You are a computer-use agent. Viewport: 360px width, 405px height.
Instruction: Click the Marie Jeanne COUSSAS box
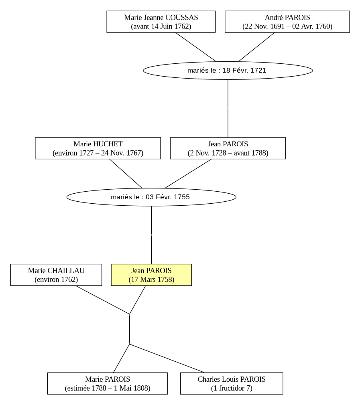pos(161,22)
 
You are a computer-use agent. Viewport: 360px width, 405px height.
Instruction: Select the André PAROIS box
pos(287,22)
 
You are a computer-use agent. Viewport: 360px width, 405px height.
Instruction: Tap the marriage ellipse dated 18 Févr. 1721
pos(228,71)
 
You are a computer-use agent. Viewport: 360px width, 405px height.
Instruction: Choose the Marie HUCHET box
pos(98,148)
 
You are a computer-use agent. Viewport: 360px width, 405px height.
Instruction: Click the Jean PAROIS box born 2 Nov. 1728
pos(228,148)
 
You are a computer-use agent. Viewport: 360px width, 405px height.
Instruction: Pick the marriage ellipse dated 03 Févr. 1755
pos(151,197)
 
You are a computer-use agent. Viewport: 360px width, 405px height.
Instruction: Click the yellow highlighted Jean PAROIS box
pos(151,275)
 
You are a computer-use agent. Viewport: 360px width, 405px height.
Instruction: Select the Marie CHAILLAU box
pos(56,275)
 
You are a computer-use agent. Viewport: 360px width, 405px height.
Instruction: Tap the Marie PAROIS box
pos(108,383)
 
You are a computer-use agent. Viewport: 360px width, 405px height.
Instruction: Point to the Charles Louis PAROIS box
pos(232,383)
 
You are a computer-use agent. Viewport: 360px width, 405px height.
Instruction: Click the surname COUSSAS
pos(182,18)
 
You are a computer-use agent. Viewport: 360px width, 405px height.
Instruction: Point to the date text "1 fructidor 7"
pos(232,388)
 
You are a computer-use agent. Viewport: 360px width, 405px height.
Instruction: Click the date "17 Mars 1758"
pos(151,279)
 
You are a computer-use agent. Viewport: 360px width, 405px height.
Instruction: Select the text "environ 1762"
pos(56,279)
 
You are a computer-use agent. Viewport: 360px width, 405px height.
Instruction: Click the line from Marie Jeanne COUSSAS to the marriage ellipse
pos(195,47)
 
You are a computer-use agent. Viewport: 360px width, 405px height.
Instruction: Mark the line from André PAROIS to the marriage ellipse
pos(256,47)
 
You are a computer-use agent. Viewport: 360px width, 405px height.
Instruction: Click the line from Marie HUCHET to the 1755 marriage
pos(126,174)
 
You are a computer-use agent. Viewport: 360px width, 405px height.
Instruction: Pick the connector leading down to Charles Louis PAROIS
pos(167,358)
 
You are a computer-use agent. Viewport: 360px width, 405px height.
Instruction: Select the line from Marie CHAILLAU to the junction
pos(103,300)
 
